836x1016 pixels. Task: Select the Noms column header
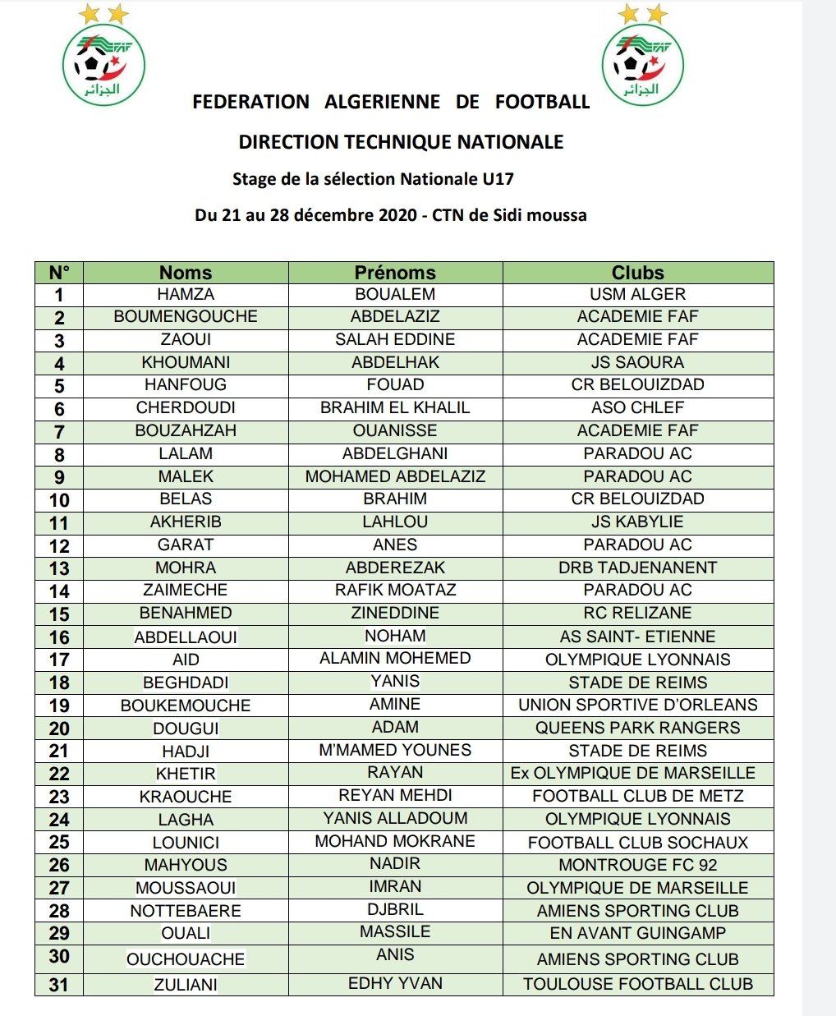point(186,273)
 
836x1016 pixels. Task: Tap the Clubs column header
point(637,273)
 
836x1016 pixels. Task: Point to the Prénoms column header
point(395,273)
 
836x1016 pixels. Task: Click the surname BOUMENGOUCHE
point(186,317)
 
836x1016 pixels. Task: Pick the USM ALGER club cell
point(637,294)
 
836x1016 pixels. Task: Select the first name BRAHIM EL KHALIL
point(395,408)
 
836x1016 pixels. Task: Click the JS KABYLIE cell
point(637,522)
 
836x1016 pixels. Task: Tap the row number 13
point(59,568)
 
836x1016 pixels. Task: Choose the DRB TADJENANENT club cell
point(637,568)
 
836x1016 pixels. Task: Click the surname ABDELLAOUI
point(186,637)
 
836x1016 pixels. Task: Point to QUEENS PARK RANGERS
point(637,728)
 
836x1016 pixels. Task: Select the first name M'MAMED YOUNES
point(395,750)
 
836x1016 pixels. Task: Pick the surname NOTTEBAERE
point(186,911)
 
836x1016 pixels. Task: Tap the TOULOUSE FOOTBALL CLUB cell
point(637,984)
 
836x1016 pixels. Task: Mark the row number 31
point(59,985)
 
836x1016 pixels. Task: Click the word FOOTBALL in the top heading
point(542,102)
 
